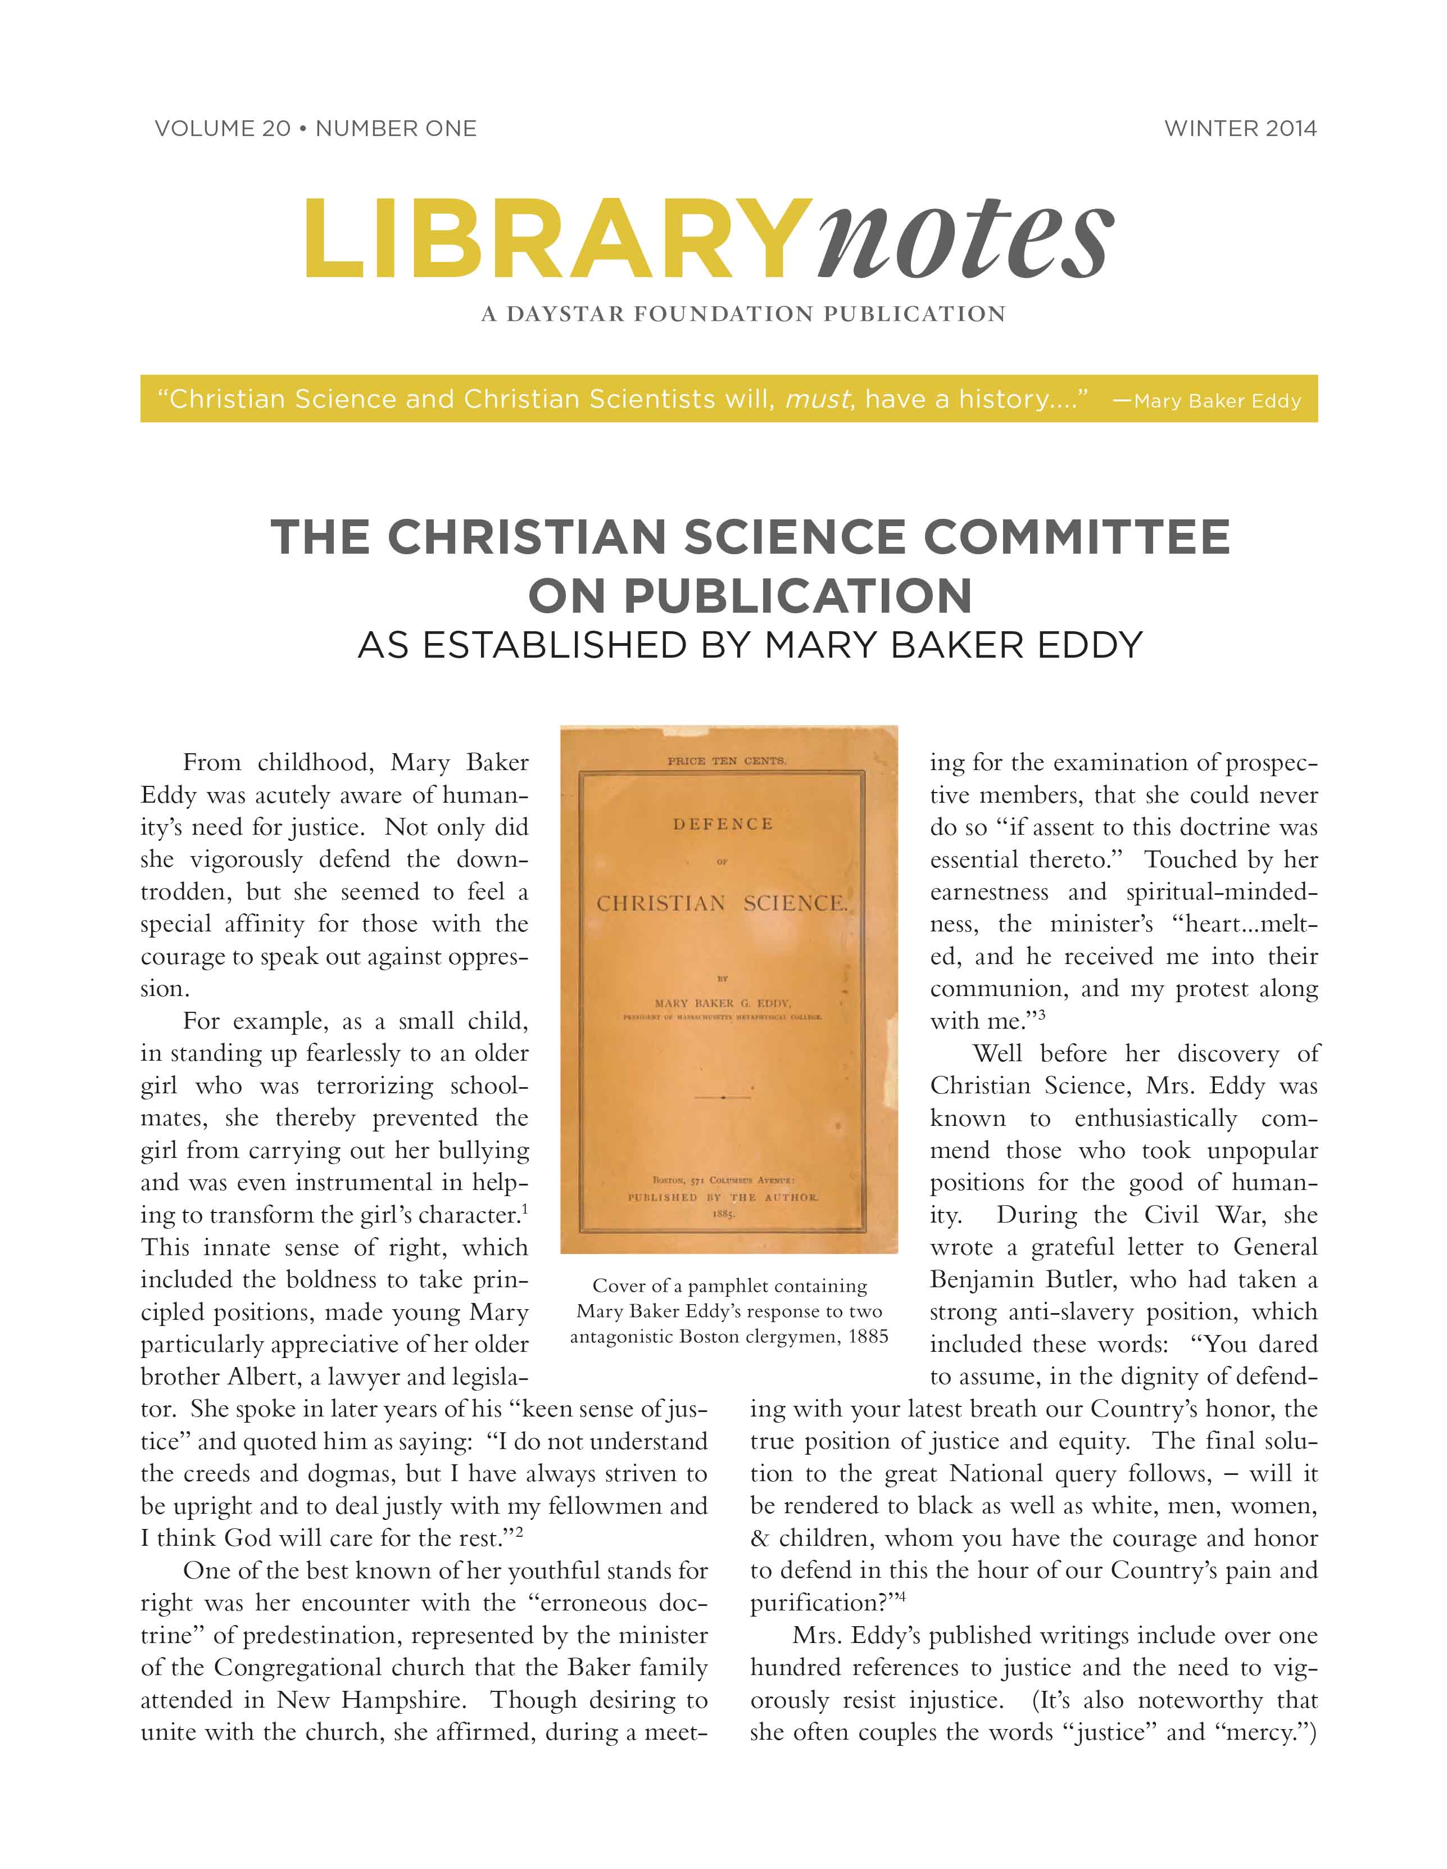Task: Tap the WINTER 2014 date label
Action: click(1240, 129)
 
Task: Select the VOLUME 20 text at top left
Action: click(223, 129)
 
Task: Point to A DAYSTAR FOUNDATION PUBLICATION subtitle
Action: click(743, 314)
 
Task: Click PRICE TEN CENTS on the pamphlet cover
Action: click(725, 760)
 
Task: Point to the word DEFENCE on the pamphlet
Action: click(723, 824)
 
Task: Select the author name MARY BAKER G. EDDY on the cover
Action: click(723, 1003)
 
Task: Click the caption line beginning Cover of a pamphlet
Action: click(729, 1286)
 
